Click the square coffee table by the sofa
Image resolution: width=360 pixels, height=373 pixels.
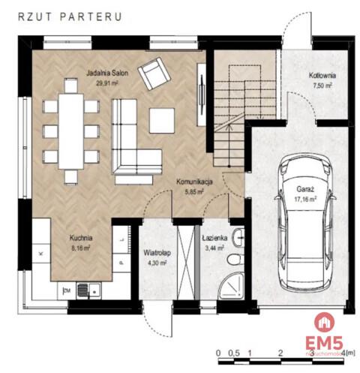(x=162, y=120)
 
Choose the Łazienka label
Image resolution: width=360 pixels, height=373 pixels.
(x=214, y=237)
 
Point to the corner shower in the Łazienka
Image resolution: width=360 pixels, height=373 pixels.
(x=230, y=285)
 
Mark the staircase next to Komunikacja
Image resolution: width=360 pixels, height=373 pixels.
(x=226, y=113)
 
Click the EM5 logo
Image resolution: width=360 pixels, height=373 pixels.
(x=324, y=343)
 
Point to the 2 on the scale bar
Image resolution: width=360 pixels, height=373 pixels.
(x=279, y=351)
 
